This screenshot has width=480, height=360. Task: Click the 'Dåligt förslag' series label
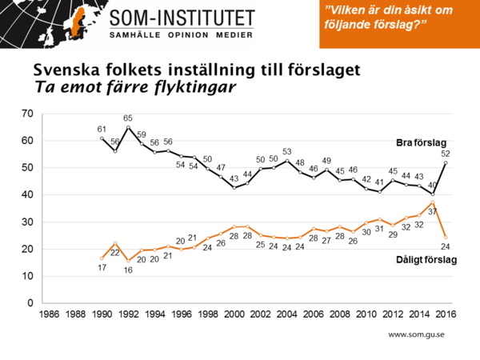pos(426,259)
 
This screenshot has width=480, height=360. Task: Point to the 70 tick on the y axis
pos(26,113)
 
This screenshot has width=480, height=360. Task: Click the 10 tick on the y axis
pos(26,276)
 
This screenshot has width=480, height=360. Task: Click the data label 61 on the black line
pos(102,129)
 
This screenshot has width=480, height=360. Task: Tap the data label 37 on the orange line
pos(433,211)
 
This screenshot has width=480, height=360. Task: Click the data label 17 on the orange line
pos(102,267)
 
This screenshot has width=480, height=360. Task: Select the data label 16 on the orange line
pos(128,270)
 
